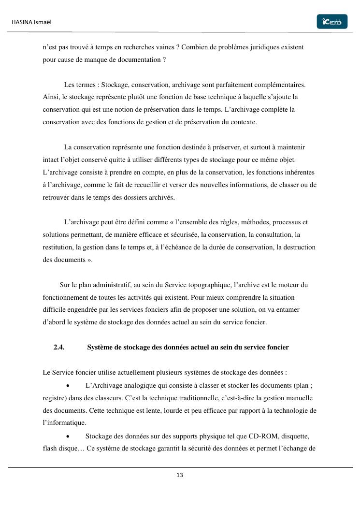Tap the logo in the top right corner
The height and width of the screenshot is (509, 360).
(332, 22)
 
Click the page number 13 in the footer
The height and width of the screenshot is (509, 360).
(180, 475)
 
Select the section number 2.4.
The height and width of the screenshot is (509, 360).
(59, 347)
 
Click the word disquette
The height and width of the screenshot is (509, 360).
(293, 436)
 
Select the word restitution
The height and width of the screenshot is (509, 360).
(58, 247)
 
